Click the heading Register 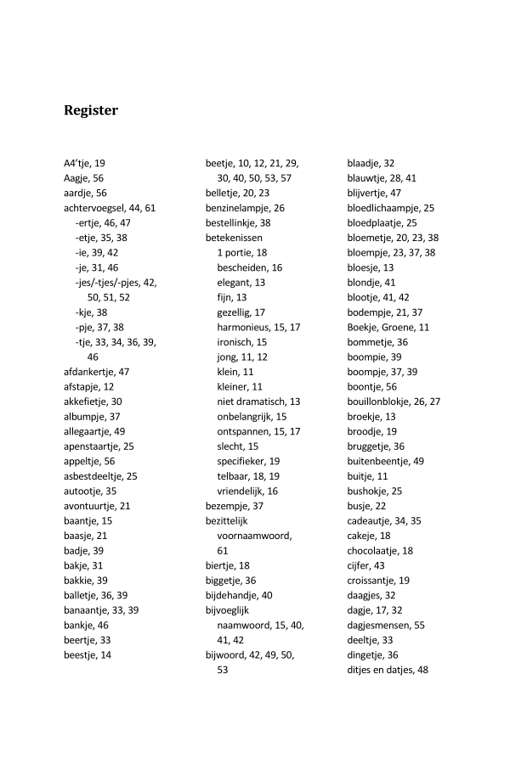point(91,111)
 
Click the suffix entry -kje point(84,312)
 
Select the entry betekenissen point(234,238)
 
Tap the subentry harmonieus point(247,327)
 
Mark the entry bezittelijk point(226,520)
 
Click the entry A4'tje point(78,163)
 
